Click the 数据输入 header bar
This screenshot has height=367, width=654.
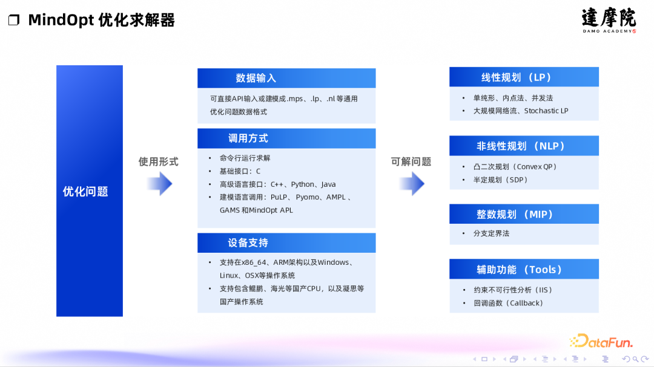click(286, 78)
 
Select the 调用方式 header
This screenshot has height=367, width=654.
click(286, 138)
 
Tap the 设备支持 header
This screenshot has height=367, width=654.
click(286, 243)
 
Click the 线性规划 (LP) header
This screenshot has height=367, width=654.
click(524, 77)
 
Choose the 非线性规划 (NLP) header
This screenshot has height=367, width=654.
click(524, 146)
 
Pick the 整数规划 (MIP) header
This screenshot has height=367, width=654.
click(524, 215)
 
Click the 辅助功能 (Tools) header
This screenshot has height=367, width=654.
click(524, 270)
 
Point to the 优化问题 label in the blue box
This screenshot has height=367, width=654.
click(85, 192)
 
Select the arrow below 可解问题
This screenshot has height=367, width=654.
click(412, 183)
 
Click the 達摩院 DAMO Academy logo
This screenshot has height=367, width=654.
click(609, 20)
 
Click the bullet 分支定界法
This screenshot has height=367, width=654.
click(491, 233)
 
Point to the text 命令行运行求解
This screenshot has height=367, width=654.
click(245, 158)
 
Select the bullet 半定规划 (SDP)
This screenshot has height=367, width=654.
click(500, 180)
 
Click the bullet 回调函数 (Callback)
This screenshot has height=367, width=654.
click(508, 303)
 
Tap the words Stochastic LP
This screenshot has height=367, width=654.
click(546, 111)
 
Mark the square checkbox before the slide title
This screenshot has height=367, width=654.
click(13, 21)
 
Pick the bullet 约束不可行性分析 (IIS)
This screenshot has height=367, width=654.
click(512, 290)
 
